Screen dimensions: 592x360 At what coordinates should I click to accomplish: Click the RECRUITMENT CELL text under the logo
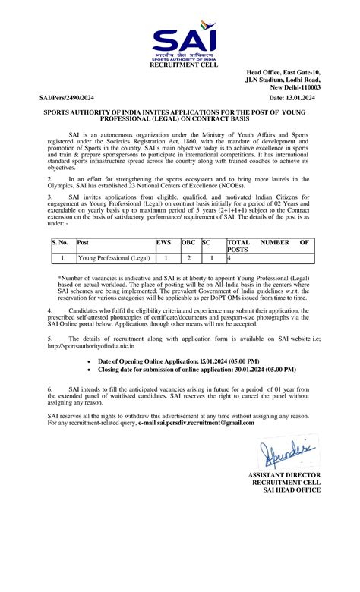pos(183,66)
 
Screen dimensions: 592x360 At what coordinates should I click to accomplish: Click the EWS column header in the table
pos(163,243)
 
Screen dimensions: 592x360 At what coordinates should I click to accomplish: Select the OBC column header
pos(187,243)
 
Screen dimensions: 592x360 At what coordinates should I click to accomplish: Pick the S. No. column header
pos(60,243)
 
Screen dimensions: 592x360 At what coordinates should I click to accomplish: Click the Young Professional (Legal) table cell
pos(113,258)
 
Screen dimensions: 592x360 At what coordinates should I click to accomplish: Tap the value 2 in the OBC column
pos(188,258)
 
